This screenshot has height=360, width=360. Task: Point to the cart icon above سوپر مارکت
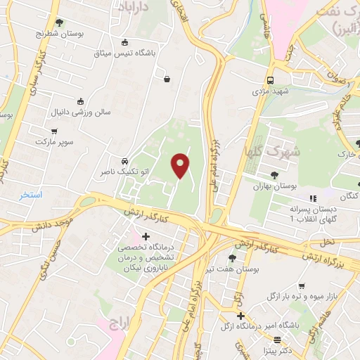coord(55,131)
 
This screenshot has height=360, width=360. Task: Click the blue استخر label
coord(31,194)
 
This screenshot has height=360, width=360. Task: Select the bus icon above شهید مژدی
coord(271,79)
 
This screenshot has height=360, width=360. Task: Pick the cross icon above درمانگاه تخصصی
coord(146,236)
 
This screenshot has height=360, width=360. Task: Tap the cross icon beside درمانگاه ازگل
coord(241,316)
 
